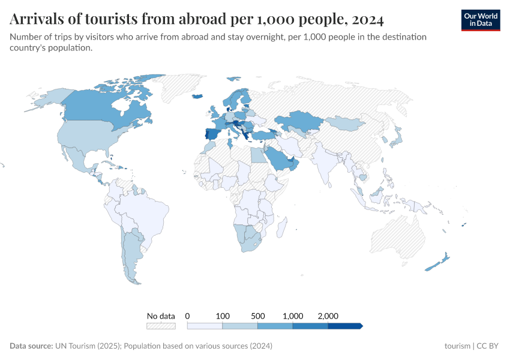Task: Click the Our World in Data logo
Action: coord(480,20)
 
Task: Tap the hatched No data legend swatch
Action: coord(161,326)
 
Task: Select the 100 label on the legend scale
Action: coord(223,316)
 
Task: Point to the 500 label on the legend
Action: coord(257,316)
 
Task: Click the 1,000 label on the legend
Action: coord(293,316)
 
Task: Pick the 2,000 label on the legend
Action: coord(328,316)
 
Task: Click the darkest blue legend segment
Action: coord(344,326)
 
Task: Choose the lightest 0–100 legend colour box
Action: coord(205,326)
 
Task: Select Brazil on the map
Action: coord(141,213)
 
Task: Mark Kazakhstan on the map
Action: coord(300,120)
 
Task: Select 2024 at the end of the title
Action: coord(368,20)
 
